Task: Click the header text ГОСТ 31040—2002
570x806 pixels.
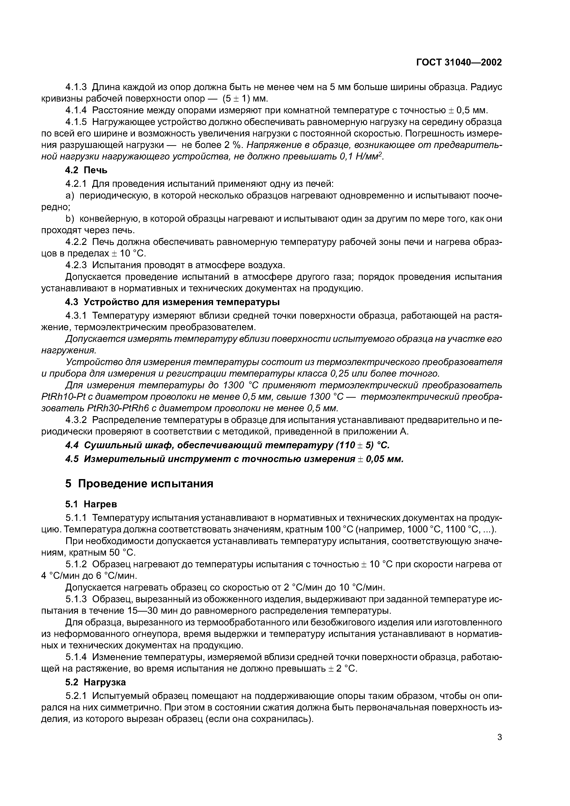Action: pyautogui.click(x=459, y=62)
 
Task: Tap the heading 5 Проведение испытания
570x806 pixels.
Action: pyautogui.click(x=139, y=483)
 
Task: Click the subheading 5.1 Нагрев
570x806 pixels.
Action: pyautogui.click(x=91, y=504)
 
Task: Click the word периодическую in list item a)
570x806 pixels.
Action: pyautogui.click(x=111, y=196)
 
